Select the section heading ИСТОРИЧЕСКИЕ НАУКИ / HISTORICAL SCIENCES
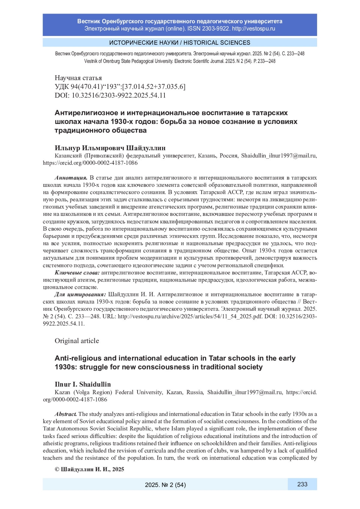pyautogui.click(x=180, y=43)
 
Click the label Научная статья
pyautogui.click(x=78, y=78)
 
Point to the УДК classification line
pyautogui.click(x=120, y=87)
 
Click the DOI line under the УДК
pyautogui.click(x=110, y=95)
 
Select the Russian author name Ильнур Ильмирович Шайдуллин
pyautogui.click(x=110, y=148)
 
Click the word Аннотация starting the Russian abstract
pyautogui.click(x=71, y=178)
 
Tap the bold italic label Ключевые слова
pyautogui.click(x=77, y=273)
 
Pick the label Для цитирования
pyautogui.click(x=80, y=295)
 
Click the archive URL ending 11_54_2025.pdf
pyautogui.click(x=190, y=316)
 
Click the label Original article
pyautogui.click(x=77, y=341)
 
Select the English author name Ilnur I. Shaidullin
pyautogui.click(x=83, y=384)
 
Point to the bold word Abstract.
pyautogui.click(x=66, y=414)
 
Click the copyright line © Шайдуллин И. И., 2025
pyautogui.click(x=89, y=469)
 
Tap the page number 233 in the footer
pyautogui.click(x=302, y=484)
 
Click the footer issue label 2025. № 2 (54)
pyautogui.click(x=165, y=485)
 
